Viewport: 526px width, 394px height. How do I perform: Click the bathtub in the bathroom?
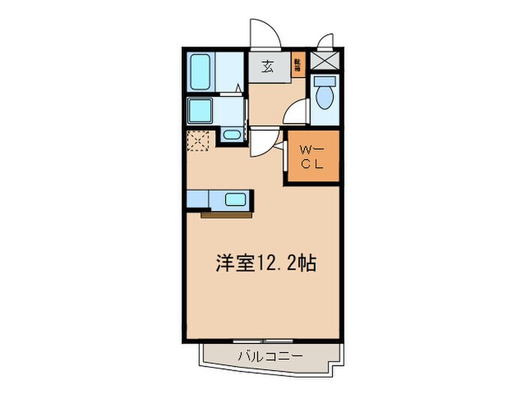200,73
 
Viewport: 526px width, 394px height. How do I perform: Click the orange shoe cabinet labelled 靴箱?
298,66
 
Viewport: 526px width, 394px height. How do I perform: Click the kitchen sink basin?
234,200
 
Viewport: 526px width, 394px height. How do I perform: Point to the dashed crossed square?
198,142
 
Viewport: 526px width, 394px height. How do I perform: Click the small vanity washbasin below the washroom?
231,137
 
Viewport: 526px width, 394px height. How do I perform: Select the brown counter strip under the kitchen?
226,215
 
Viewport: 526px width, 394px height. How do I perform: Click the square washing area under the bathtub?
201,111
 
